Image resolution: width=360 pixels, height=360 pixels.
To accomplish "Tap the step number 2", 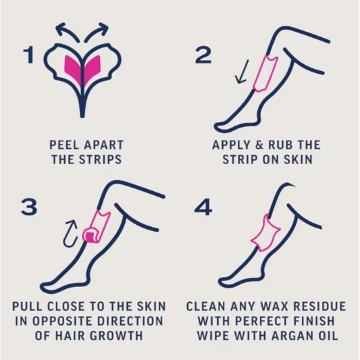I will [x=203, y=55].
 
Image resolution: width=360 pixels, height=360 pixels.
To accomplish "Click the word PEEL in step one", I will [x=66, y=145].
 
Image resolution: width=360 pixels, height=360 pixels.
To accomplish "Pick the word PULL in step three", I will [x=29, y=306].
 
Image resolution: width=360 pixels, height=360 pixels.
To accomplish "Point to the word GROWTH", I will [x=125, y=336].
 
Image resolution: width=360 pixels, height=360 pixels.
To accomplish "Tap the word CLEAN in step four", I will [x=209, y=306].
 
